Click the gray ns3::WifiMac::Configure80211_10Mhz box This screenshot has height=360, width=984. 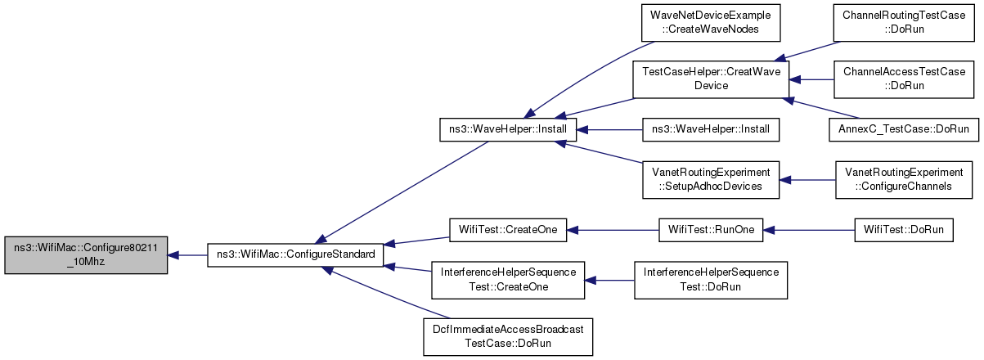[86, 255]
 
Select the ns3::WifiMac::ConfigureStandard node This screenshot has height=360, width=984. [295, 255]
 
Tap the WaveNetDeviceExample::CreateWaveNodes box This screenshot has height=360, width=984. [710, 23]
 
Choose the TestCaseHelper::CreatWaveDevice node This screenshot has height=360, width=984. [711, 79]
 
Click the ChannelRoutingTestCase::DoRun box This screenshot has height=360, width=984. [904, 23]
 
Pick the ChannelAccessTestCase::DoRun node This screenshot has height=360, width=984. [904, 79]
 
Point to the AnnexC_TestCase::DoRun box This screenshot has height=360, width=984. [904, 129]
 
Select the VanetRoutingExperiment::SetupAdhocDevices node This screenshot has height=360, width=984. [711, 180]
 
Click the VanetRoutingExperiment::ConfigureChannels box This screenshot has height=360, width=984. [904, 180]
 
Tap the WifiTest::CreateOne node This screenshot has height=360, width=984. [508, 230]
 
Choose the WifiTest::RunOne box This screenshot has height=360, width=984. [711, 230]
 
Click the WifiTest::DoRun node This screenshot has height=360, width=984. [904, 230]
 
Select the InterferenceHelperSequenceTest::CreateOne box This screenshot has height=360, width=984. [508, 281]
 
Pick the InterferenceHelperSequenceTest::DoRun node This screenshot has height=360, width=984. [711, 281]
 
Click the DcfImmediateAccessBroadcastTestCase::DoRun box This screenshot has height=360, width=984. [508, 337]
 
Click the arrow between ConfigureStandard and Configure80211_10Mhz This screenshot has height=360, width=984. [187, 255]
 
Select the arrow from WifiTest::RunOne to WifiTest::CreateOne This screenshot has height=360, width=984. [613, 230]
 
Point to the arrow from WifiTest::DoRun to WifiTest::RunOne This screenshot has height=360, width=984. [809, 230]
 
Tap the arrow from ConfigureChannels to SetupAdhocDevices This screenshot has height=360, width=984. [807, 180]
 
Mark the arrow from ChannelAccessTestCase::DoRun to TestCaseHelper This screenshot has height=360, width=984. [811, 79]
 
